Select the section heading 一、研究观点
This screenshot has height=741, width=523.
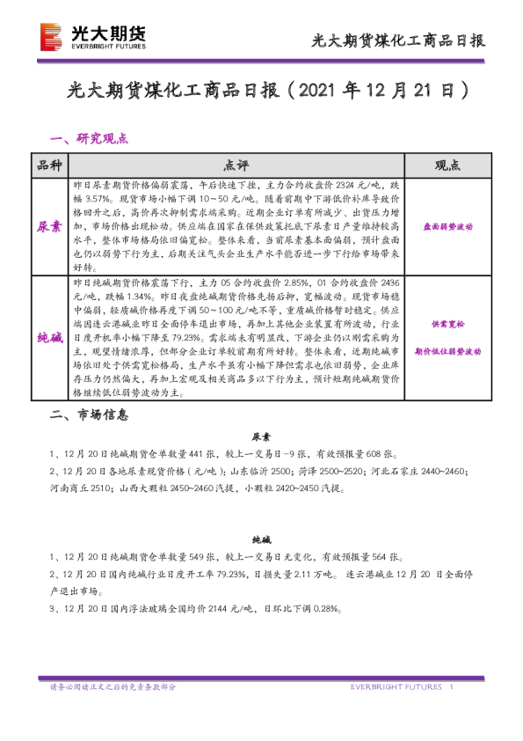click(x=90, y=138)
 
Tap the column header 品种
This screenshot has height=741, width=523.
click(x=49, y=165)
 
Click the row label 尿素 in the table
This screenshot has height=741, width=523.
click(x=49, y=226)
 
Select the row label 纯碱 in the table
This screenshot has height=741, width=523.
click(x=49, y=336)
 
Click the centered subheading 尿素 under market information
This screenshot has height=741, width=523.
click(x=261, y=437)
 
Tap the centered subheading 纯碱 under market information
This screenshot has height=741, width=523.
click(x=261, y=539)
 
